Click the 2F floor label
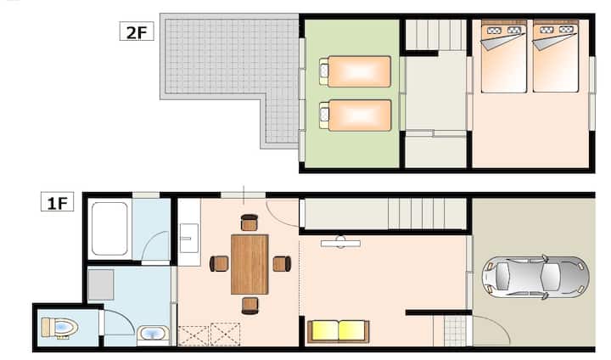point(137,31)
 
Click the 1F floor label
point(58,202)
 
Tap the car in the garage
point(535,277)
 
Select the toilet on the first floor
point(59,327)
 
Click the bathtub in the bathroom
point(109,228)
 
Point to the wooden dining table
point(249,264)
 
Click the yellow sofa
point(339,331)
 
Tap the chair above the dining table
point(249,222)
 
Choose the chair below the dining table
point(249,306)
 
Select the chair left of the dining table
point(219,264)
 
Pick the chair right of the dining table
point(282,264)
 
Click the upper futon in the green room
point(355,71)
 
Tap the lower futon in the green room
point(355,115)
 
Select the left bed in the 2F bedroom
point(504,56)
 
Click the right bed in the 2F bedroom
point(556,56)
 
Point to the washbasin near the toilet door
point(153,335)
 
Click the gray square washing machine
point(100,285)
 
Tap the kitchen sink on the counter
point(189,238)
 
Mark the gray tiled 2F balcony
point(230,70)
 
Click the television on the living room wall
point(340,243)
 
